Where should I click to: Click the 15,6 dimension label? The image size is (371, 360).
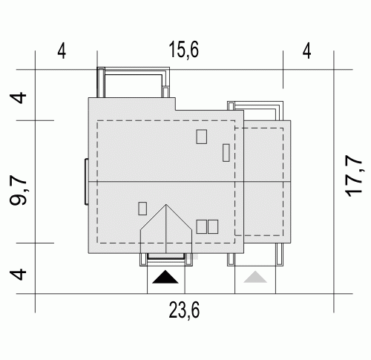pyautogui.click(x=183, y=50)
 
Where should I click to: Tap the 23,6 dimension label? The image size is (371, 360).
pyautogui.click(x=184, y=310)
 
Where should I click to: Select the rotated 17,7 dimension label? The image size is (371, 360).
pyautogui.click(x=354, y=176)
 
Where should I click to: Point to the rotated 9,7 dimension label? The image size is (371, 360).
pyautogui.click(x=18, y=191)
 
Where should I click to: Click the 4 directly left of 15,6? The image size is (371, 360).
pyautogui.click(x=62, y=51)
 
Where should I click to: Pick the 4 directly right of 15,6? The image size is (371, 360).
pyautogui.click(x=306, y=51)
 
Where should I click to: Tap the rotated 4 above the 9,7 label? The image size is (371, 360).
pyautogui.click(x=18, y=98)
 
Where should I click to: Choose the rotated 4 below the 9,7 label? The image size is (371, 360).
pyautogui.click(x=18, y=274)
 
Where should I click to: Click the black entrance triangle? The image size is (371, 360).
pyautogui.click(x=165, y=277)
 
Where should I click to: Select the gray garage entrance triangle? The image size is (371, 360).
pyautogui.click(x=255, y=277)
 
